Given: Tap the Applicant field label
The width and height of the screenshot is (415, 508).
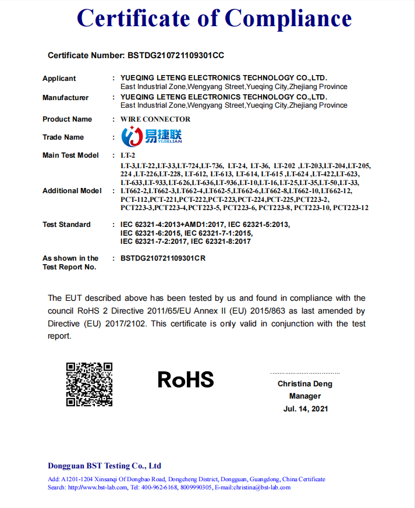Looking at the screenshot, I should coord(59,79).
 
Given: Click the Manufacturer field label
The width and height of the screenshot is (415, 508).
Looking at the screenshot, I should coord(66,98).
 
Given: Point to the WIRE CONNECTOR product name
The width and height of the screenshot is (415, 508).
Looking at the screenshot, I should coord(155,119).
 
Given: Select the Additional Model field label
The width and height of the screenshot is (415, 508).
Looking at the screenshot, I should coord(72,191).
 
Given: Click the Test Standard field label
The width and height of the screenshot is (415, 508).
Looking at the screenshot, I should coord(66,225).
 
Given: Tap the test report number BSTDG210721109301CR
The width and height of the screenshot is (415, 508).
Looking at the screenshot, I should coord(163,258).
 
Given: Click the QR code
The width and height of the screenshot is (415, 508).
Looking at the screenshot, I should coord(89,384).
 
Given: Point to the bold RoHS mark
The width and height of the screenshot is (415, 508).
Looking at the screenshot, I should coord(186,380).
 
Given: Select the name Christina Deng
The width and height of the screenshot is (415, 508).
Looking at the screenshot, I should coord(305,384).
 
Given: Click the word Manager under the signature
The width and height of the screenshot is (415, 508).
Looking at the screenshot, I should coord(305,396).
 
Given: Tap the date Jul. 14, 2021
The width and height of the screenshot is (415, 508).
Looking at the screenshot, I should coord(306,408).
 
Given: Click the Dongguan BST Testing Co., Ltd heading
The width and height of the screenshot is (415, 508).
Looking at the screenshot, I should coord(104,466).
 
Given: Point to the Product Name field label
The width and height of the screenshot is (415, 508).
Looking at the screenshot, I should coord(67,119).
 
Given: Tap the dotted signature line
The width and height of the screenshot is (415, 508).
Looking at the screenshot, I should coord(305,373).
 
